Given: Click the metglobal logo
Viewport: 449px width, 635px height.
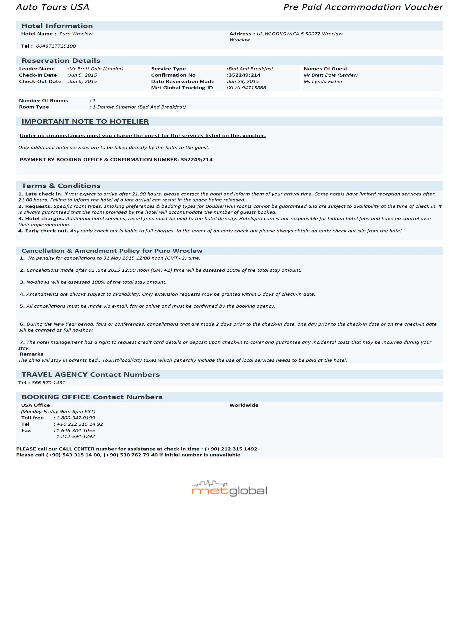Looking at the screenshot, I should coord(229,489).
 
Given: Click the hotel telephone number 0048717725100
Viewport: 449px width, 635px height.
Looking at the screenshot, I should coord(56,46).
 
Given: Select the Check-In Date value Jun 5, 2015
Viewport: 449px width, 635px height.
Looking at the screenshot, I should coord(83,75).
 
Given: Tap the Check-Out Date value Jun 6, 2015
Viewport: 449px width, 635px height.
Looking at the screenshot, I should coord(83,82).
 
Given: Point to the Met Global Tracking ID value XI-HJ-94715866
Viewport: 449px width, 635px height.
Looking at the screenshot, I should coord(247,88).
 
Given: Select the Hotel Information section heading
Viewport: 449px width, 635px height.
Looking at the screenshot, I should coord(57,26).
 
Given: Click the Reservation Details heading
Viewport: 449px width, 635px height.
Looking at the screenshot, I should coord(61,61).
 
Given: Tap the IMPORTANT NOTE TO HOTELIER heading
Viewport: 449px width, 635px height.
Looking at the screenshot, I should coord(85,122).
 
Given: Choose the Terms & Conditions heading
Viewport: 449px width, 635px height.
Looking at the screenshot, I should coord(61,186).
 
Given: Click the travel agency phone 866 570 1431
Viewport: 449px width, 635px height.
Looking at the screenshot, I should coord(48,383).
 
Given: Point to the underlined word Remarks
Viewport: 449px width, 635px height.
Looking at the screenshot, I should coord(32,354).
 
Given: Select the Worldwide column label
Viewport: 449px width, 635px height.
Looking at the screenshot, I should coord(244,406).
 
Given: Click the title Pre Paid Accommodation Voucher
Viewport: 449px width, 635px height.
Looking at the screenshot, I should coord(363,7).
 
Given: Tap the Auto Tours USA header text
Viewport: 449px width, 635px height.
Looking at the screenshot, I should coord(53,7).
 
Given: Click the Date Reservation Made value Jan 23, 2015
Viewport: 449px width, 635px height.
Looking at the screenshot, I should coord(243,82).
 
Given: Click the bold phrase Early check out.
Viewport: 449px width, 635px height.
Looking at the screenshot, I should coord(46,231).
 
